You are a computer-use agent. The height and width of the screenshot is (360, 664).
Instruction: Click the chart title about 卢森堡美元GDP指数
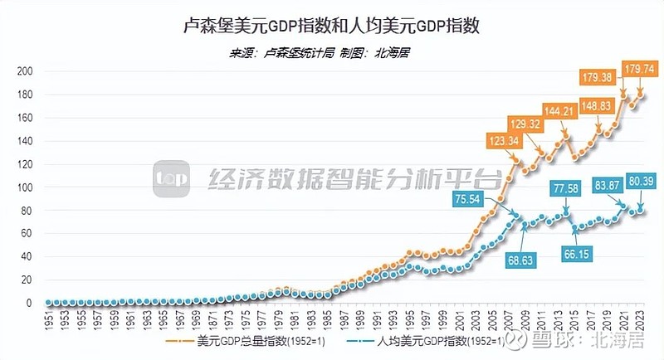point(332,26)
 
